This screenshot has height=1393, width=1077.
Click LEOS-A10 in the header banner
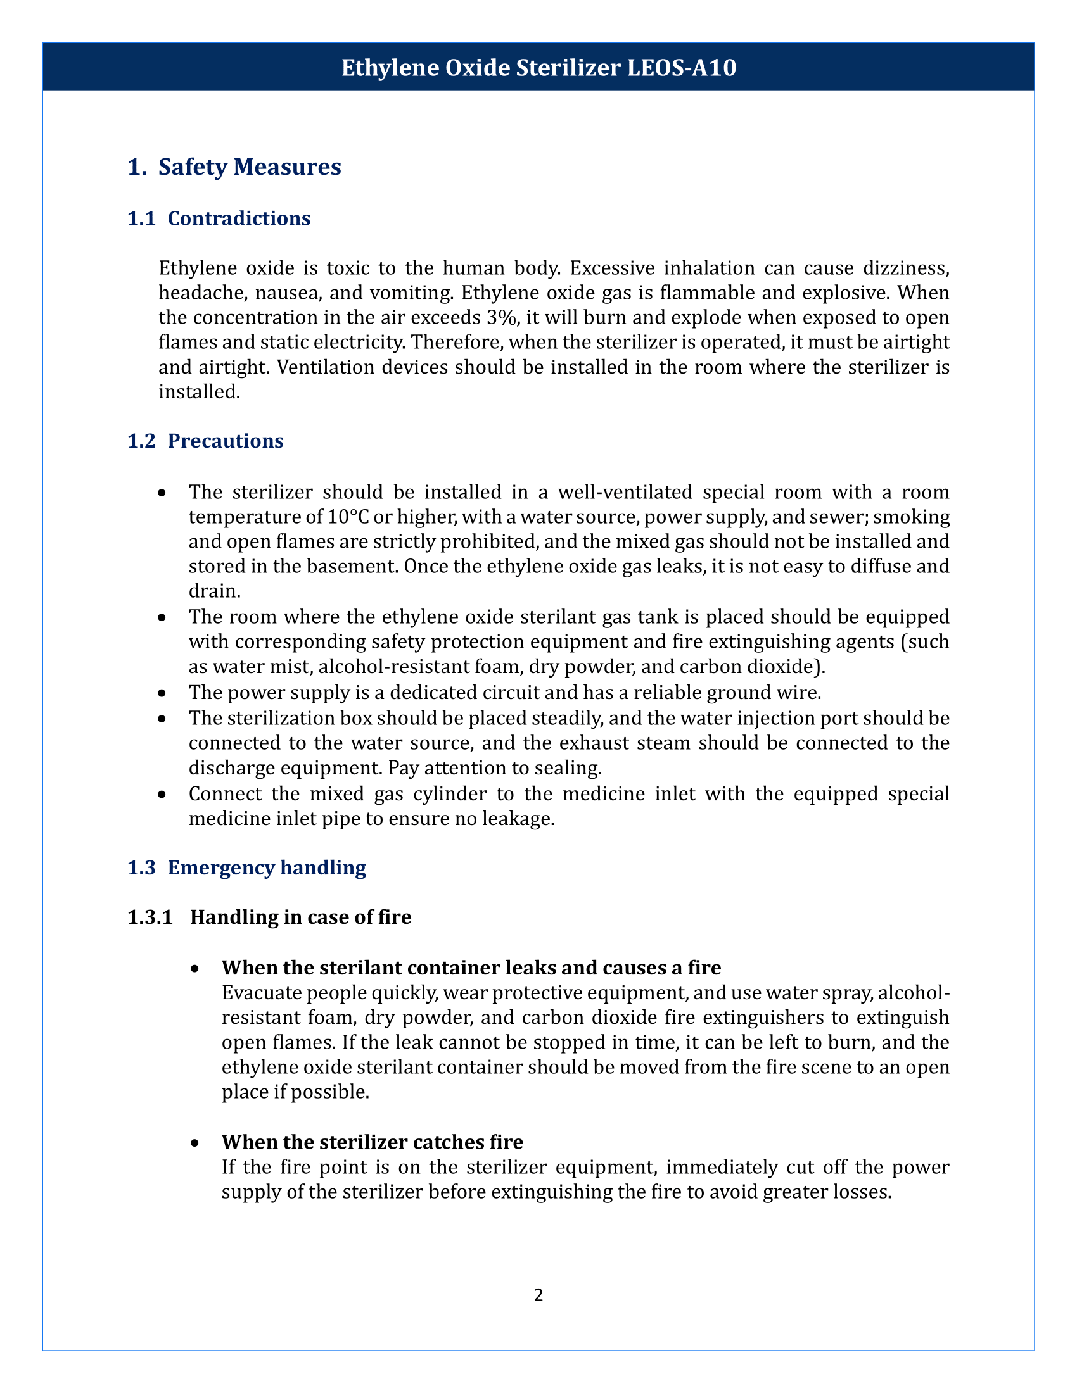682,68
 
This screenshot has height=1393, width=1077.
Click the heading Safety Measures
250,167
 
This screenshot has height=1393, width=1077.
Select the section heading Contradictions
239,219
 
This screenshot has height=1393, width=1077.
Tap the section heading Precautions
226,441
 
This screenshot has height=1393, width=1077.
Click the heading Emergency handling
267,868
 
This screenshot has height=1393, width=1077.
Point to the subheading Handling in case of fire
300,918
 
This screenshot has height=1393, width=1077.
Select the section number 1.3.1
150,918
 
